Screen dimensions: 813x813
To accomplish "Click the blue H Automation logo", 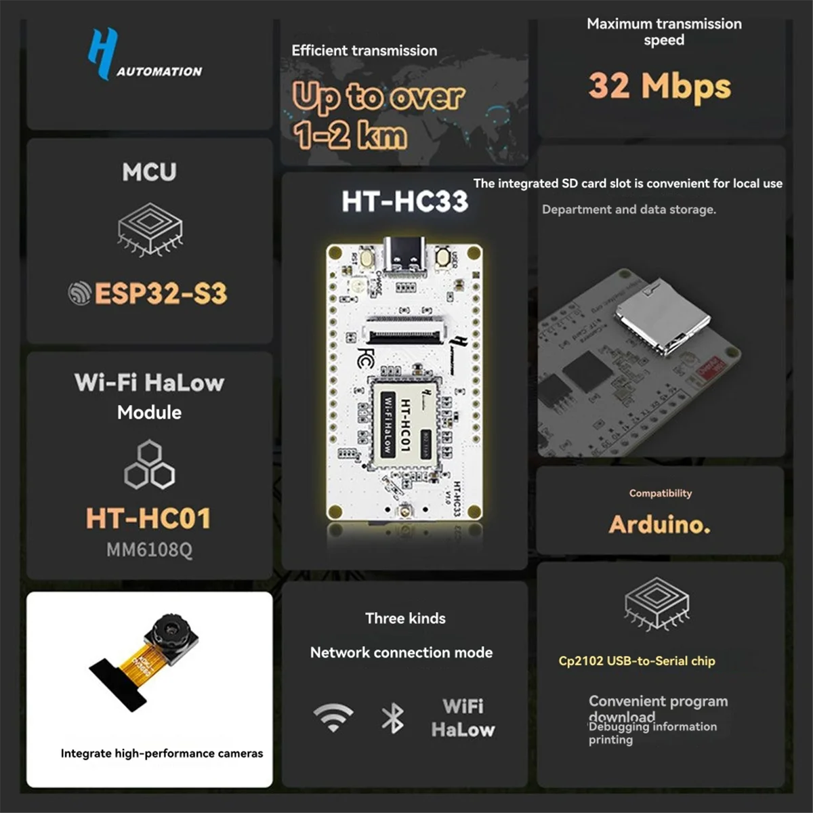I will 103,54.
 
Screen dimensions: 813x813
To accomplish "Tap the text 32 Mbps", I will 659,86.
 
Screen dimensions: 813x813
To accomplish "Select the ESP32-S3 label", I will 160,293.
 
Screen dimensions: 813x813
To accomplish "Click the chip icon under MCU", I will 150,229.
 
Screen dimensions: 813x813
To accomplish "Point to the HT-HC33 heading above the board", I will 404,201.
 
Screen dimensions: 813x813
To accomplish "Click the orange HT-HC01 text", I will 148,518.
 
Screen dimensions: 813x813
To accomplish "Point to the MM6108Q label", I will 149,549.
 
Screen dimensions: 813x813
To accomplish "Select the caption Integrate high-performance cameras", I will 161,753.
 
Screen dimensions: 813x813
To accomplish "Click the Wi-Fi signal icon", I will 333,717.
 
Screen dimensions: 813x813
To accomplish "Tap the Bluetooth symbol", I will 392,718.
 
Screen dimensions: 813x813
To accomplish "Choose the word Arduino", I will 659,524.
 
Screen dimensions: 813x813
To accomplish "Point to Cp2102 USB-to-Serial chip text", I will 636,661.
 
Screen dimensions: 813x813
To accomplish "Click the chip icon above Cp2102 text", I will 656,602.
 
